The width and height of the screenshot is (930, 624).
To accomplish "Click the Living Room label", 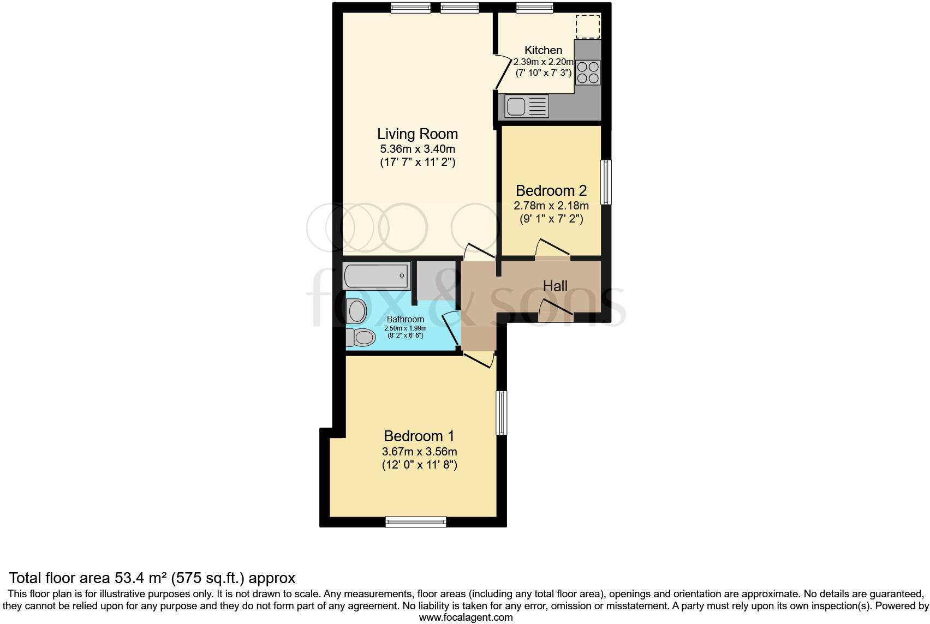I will tap(418, 134).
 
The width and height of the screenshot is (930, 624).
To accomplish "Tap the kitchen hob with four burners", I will tap(588, 72).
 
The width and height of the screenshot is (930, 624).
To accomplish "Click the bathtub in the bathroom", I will tap(376, 275).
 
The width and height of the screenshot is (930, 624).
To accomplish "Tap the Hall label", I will tap(555, 286).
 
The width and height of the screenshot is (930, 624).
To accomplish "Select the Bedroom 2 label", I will tap(551, 191).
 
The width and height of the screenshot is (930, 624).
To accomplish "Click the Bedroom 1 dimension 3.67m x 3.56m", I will tap(419, 452).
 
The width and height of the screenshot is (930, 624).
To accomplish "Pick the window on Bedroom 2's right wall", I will tap(606, 182).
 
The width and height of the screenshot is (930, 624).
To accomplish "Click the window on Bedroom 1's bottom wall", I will tap(415, 522).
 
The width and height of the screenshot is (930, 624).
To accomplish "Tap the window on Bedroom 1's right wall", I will tap(501, 412).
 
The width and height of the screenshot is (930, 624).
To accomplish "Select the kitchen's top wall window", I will tap(535, 8).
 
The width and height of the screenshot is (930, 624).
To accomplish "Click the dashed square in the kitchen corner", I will tap(588, 26).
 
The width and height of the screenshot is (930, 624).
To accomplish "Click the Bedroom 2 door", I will tap(552, 249).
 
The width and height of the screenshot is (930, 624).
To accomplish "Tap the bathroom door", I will tap(451, 329).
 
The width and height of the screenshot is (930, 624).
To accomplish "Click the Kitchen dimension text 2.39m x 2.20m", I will tap(543, 62).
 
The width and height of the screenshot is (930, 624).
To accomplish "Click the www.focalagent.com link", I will tap(466, 617).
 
